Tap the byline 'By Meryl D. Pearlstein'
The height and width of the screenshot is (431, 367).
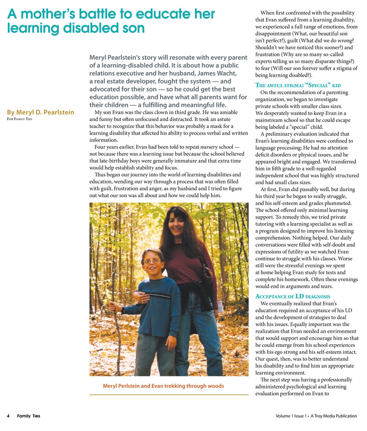40,113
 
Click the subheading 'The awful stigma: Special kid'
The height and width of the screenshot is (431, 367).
304,85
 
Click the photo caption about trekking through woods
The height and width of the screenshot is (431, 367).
163,386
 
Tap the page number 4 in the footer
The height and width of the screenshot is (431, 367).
8,416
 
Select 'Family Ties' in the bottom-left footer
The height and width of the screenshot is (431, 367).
28,416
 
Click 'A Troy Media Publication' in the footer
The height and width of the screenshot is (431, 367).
334,416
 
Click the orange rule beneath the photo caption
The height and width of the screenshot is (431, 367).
169,394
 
